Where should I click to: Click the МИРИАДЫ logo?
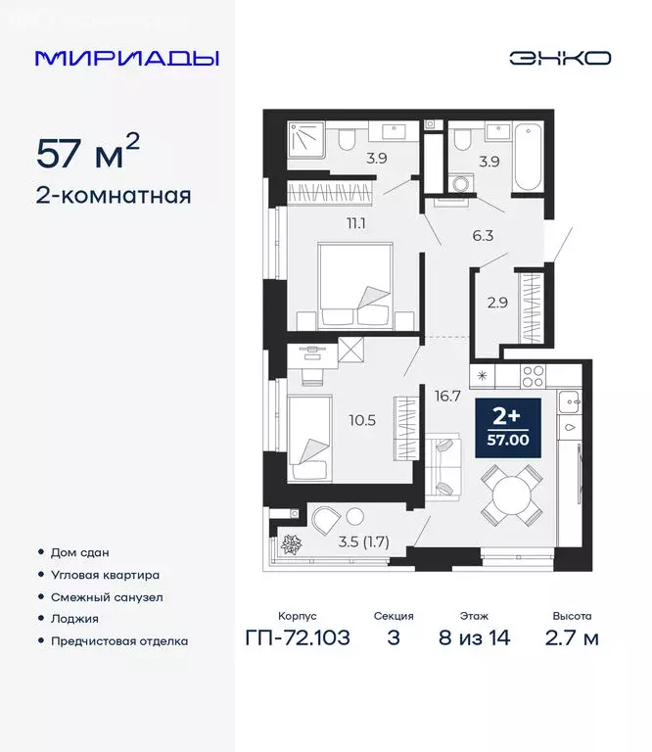[127, 57]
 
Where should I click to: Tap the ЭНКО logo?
[559, 58]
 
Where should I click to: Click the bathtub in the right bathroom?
[530, 158]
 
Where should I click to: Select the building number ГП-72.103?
[297, 638]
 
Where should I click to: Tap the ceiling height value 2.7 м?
[572, 638]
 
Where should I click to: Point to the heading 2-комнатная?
[114, 195]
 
